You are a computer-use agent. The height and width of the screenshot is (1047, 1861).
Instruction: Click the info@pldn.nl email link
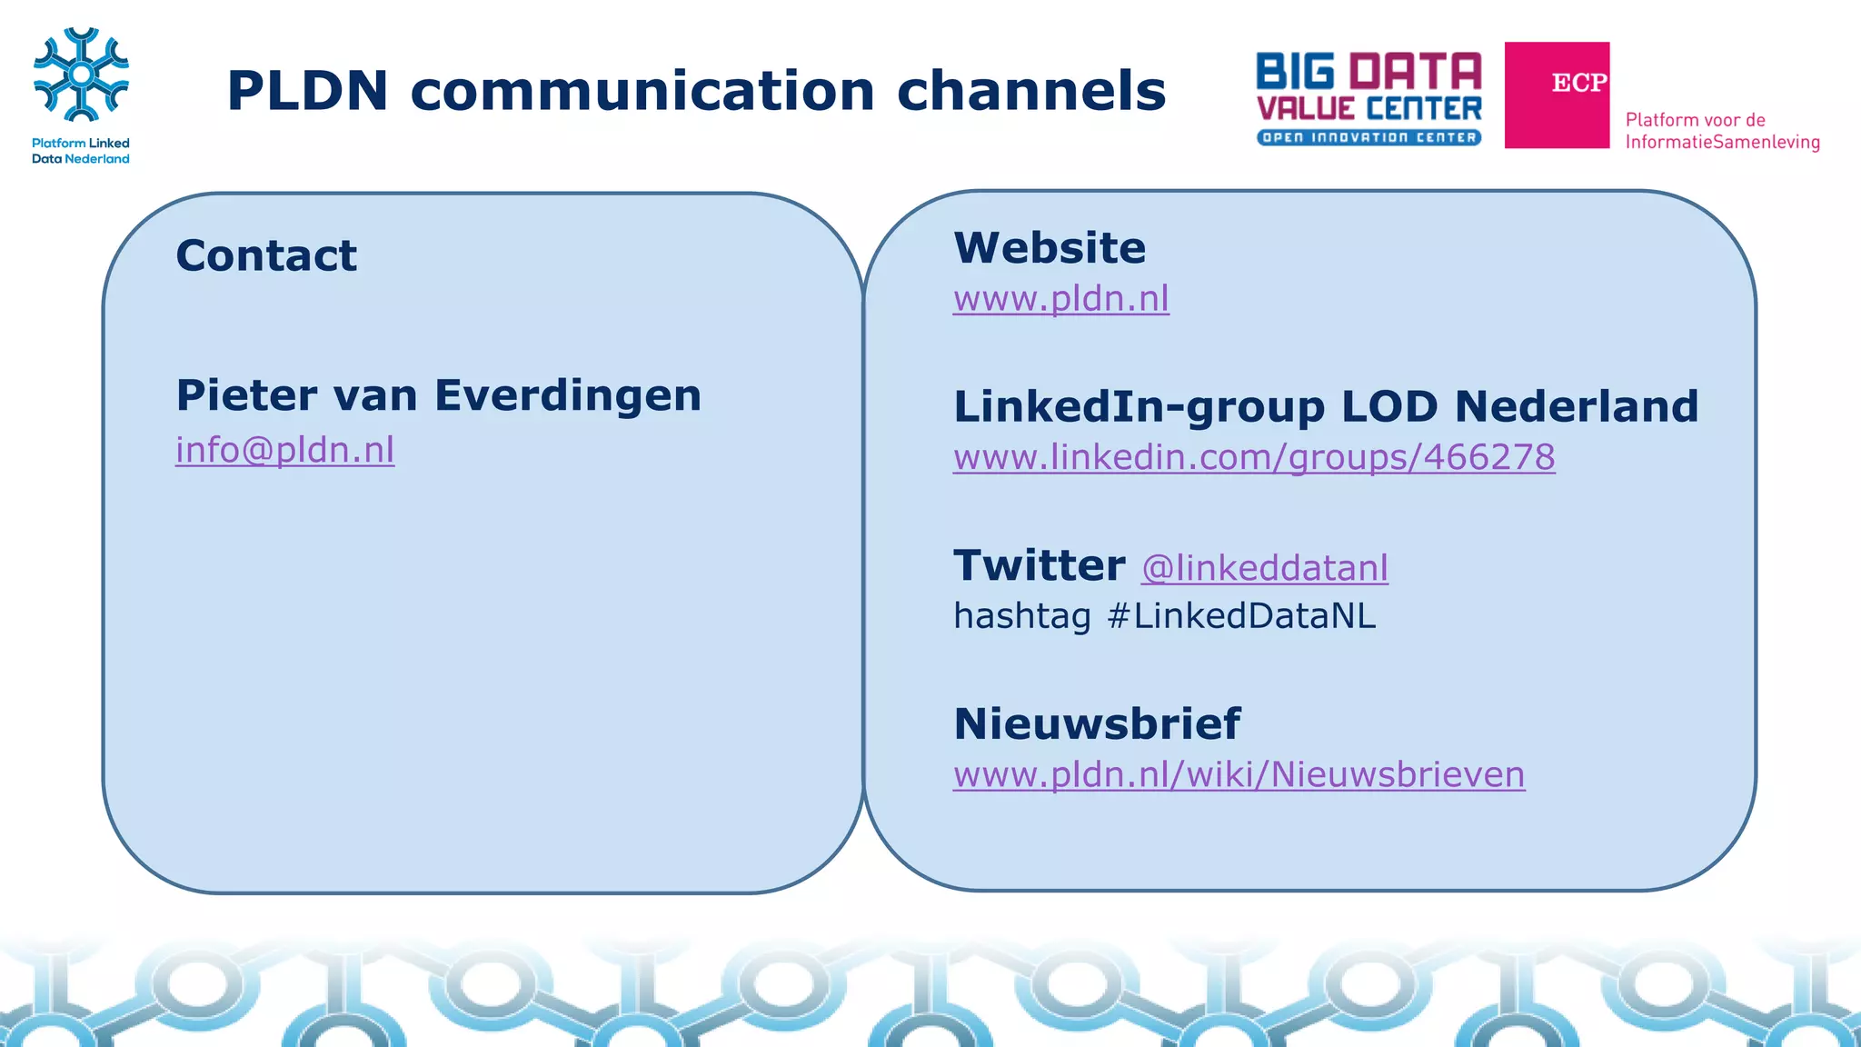[284, 450]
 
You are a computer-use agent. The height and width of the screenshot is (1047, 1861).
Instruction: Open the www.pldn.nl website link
[1060, 299]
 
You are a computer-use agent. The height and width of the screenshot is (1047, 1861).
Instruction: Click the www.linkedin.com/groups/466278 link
[1254, 457]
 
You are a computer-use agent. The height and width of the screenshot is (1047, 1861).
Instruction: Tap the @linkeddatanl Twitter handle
[1264, 568]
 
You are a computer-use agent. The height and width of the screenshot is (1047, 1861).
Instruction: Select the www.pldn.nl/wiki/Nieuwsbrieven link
[1239, 774]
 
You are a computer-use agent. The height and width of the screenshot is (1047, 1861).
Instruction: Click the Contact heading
[266, 255]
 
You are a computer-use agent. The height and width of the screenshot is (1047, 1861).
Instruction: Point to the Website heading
[1050, 248]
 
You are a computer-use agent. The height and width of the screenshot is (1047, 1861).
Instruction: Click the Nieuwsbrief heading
[1097, 724]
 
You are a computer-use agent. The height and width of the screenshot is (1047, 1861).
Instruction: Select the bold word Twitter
[1040, 565]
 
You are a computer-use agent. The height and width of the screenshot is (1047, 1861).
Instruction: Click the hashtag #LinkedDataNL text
[1164, 616]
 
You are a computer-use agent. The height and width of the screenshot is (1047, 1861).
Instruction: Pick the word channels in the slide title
[1030, 91]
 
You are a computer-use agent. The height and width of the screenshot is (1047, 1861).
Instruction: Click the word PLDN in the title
[307, 91]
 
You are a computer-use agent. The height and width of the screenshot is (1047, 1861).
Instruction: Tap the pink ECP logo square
[1557, 95]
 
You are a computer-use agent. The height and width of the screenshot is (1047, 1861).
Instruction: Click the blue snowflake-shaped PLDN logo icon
[81, 75]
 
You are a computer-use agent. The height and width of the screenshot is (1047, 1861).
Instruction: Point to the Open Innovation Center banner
[1368, 138]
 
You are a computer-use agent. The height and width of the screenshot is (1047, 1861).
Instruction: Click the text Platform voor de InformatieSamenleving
[1722, 131]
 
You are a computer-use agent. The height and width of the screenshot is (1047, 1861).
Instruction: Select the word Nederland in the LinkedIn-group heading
[1576, 406]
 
